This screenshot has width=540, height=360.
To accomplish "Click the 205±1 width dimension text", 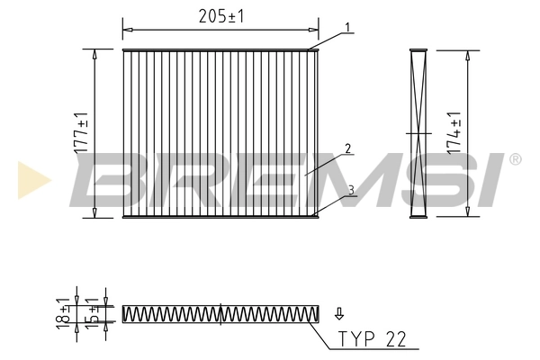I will pyautogui.click(x=220, y=15).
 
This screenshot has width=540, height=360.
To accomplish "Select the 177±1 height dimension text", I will pyautogui.click(x=82, y=133).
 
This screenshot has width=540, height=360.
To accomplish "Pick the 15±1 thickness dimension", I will pyautogui.click(x=92, y=312).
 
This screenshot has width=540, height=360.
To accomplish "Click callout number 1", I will pyautogui.click(x=346, y=28).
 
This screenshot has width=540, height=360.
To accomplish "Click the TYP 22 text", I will pyautogui.click(x=372, y=339).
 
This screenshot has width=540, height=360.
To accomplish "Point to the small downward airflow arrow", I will pyautogui.click(x=339, y=314).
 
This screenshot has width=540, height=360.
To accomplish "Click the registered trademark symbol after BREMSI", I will pyautogui.click(x=514, y=159).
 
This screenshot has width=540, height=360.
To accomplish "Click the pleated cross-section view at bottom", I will pyautogui.click(x=220, y=313).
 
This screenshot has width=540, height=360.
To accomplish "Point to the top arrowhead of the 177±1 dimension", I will pyautogui.click(x=94, y=53).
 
